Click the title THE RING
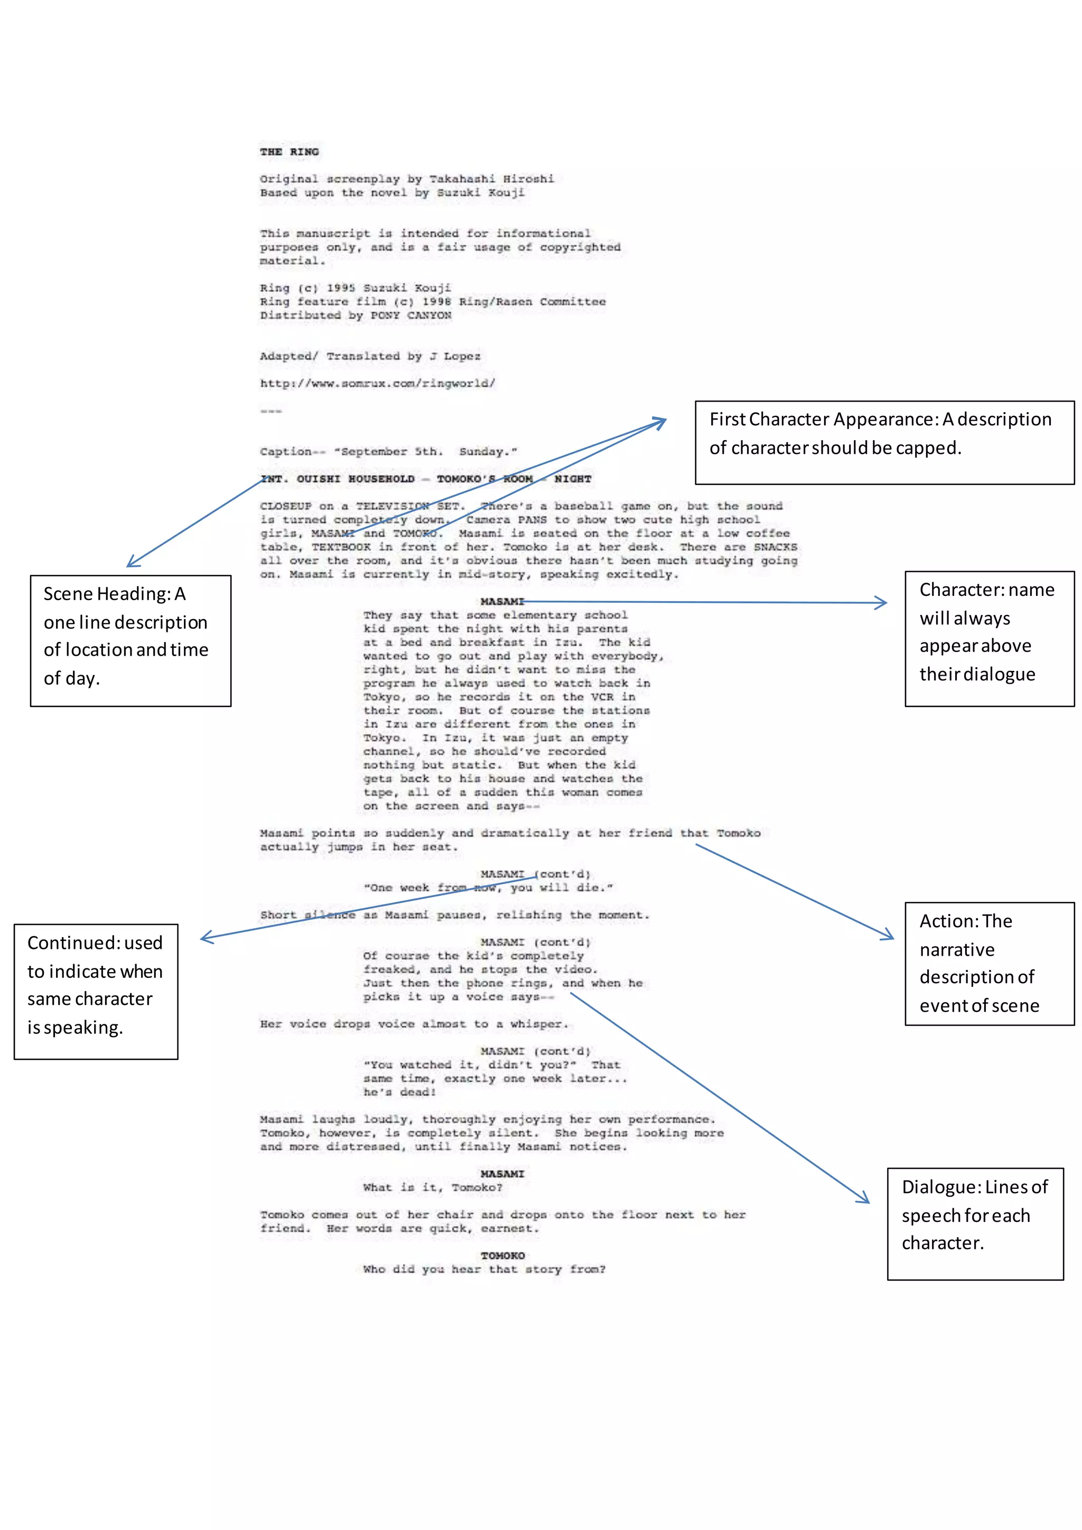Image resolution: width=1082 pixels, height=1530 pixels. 289,152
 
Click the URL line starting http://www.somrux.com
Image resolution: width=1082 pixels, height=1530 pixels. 377,383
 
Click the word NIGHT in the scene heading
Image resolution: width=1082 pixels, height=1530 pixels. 572,479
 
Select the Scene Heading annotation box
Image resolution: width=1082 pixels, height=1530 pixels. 130,640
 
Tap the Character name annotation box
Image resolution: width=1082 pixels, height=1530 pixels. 988,638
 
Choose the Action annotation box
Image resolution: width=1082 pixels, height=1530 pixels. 988,963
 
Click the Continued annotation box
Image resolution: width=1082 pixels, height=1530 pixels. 96,991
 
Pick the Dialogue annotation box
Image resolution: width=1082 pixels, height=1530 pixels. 975,1224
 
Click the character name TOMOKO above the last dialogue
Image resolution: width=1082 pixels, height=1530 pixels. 502,1255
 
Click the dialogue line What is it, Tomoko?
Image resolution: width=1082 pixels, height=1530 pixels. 432,1188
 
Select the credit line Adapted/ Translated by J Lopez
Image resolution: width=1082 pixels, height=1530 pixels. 370,356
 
